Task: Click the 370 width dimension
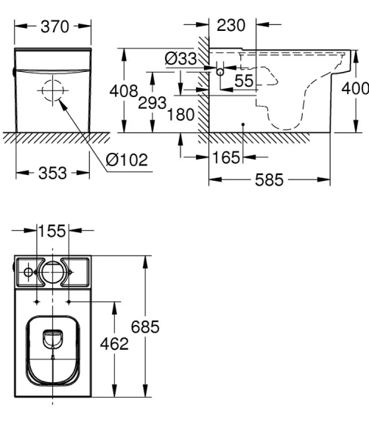coord(54,26)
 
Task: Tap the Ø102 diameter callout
coord(127,159)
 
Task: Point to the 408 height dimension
coord(123,92)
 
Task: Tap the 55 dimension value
coord(244,79)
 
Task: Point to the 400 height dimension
coord(355,88)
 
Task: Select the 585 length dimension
coord(269,180)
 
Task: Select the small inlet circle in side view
coord(219,73)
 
